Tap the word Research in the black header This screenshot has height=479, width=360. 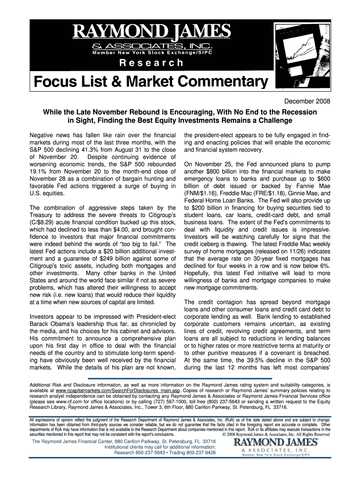[x=151, y=63]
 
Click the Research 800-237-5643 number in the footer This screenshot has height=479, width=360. [x=149, y=453]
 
